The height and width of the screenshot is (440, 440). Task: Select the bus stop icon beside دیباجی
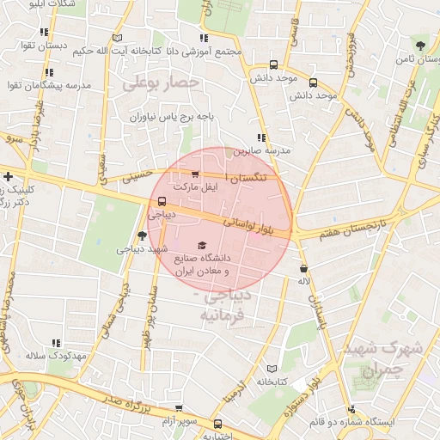tap(162, 202)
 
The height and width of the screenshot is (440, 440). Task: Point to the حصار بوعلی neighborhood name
tap(161, 83)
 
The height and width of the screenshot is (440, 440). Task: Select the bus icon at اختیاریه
tap(217, 424)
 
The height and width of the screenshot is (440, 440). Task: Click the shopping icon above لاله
tap(305, 268)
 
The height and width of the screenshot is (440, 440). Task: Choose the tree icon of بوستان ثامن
tap(419, 45)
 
